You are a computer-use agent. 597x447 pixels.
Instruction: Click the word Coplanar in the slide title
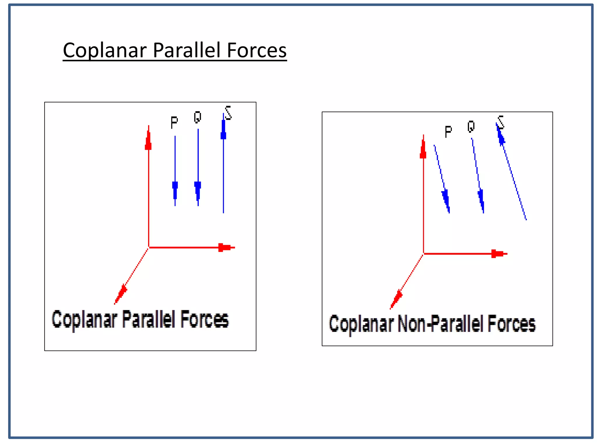pos(105,51)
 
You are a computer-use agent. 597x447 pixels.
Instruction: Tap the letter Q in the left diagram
pos(197,117)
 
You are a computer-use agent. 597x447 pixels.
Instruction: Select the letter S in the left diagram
pos(228,113)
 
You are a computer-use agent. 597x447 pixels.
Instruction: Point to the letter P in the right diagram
pos(448,132)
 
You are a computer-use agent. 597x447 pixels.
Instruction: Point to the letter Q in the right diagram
pos(471,127)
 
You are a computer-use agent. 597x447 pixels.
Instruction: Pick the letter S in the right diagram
pos(501,122)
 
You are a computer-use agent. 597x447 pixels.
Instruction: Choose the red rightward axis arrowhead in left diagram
pos(225,247)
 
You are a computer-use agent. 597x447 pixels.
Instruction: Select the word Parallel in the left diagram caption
pos(148,319)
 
